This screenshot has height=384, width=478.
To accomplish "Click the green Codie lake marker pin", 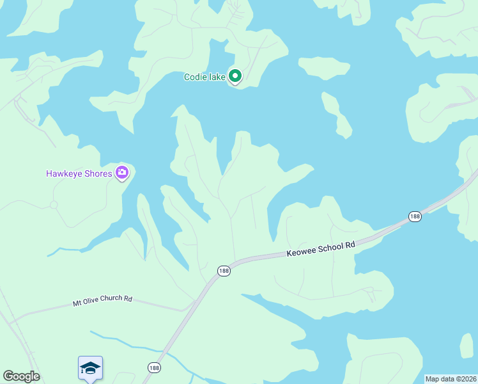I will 235,77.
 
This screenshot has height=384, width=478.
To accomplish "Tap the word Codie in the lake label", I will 195,77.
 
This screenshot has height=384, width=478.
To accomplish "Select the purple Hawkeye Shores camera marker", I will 122,173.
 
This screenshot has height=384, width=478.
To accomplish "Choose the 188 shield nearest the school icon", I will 153,367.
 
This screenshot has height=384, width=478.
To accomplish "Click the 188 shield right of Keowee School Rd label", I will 415,216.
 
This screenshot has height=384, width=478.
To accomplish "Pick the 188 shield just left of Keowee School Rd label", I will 223,271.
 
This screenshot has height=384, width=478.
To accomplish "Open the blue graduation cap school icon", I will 90,368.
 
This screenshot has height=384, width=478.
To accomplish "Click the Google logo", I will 21,376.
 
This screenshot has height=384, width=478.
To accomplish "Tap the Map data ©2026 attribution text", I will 451,379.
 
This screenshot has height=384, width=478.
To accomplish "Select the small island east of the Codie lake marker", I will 325,67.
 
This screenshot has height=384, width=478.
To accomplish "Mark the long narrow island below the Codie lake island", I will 337,115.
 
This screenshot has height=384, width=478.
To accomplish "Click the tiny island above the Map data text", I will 466,346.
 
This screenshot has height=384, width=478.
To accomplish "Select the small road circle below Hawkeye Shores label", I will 54,205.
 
